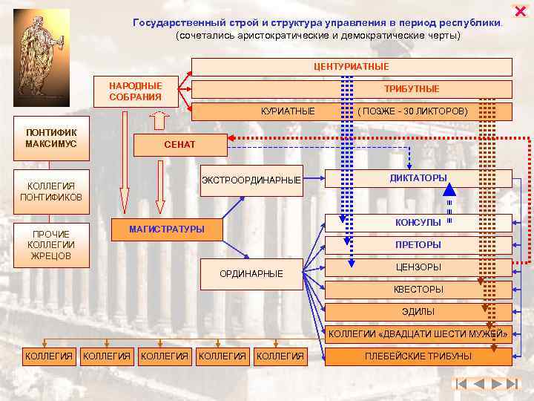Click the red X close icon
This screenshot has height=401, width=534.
pyautogui.click(x=519, y=11)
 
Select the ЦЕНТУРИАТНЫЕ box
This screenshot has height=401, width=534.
pyautogui.click(x=352, y=67)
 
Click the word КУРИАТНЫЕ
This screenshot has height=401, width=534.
pyautogui.click(x=288, y=111)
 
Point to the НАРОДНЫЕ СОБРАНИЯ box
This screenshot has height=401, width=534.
pyautogui.click(x=135, y=91)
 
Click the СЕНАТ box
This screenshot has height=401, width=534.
pyautogui.click(x=179, y=144)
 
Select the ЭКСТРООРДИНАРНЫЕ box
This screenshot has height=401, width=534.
pyautogui.click(x=251, y=180)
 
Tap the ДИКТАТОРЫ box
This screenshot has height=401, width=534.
pyautogui.click(x=418, y=178)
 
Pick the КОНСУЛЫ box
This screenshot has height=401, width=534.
pyautogui.click(x=418, y=223)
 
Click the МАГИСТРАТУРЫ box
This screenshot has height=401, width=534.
pyautogui.click(x=166, y=229)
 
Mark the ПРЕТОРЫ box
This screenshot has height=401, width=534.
pyautogui.click(x=418, y=245)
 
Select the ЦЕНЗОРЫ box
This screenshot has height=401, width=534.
pyautogui.click(x=418, y=267)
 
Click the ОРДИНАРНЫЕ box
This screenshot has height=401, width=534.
pyautogui.click(x=251, y=274)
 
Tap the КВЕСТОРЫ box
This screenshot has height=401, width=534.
pyautogui.click(x=418, y=290)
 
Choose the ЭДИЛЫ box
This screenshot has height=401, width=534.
pyautogui.click(x=418, y=312)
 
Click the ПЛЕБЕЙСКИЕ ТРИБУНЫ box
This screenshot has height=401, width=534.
pyautogui.click(x=418, y=356)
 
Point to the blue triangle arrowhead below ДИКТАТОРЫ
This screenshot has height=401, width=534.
pyautogui.click(x=449, y=189)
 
